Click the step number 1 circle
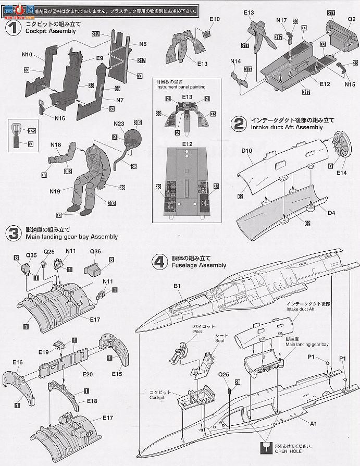tap(12, 27)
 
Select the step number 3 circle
tap(12, 232)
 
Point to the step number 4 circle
tap(158, 261)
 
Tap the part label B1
tap(177, 286)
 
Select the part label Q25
tap(224, 374)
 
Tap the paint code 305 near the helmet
tap(138, 123)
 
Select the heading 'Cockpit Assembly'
tap(50, 31)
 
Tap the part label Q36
tap(95, 251)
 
